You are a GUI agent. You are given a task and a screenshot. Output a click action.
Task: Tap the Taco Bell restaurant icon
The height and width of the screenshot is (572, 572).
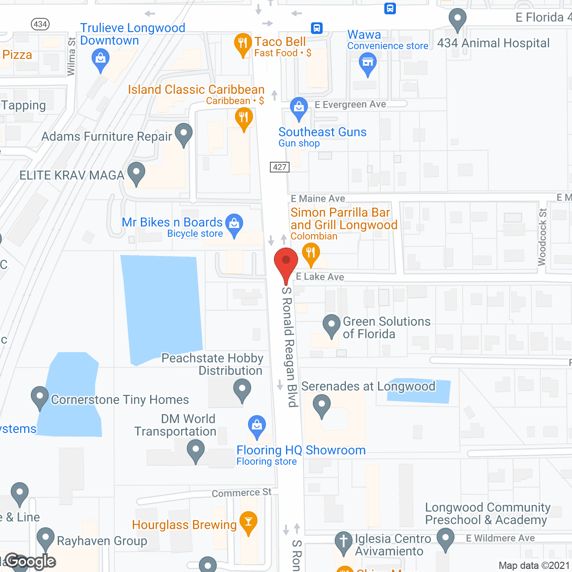243,44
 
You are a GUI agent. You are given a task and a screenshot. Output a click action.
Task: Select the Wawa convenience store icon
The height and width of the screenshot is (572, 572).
368,63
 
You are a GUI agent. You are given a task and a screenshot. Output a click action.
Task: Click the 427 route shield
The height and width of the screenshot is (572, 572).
280,167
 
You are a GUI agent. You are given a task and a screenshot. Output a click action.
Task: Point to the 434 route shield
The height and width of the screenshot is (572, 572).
40,24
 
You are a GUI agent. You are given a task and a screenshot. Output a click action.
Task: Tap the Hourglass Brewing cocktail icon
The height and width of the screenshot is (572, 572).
248,522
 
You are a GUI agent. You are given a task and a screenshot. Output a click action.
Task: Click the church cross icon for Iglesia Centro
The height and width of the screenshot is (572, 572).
344,542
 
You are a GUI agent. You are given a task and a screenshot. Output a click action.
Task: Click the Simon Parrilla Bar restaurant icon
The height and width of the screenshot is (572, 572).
311,253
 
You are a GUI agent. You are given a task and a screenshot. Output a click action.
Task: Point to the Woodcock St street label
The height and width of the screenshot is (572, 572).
542,237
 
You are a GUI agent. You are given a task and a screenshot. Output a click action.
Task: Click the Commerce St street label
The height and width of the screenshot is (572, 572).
241,493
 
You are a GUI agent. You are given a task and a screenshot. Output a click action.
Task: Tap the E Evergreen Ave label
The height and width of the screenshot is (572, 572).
350,105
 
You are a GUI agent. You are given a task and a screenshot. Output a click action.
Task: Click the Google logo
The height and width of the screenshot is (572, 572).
30,561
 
